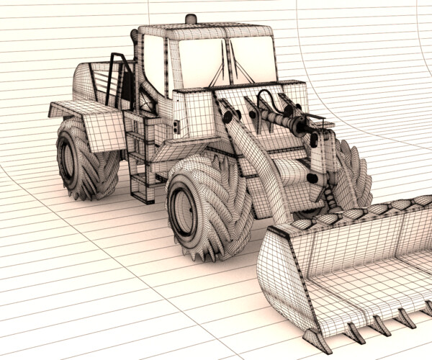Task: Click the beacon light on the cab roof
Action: click(x=190, y=19)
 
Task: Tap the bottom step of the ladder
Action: click(x=142, y=194)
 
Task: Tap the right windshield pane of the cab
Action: click(x=253, y=60)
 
